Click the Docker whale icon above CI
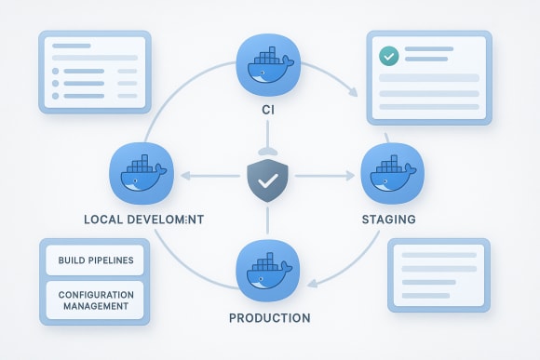pos(268,64)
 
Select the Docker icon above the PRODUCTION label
pos(268,270)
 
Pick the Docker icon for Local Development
pos(140,174)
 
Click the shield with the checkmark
pos(268,178)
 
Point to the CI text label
pos(268,112)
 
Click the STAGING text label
pos(388,220)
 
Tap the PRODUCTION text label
pos(269,318)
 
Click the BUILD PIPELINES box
pos(95,260)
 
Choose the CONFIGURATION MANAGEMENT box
pos(95,300)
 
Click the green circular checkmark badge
pos(389,56)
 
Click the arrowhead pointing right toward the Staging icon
pos(355,174)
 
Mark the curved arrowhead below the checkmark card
pos(353,92)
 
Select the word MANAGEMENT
pos(94,306)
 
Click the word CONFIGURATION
pos(95,294)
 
